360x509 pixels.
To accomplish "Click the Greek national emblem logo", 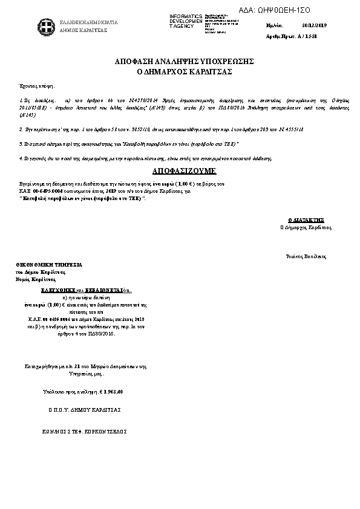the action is point(44,26).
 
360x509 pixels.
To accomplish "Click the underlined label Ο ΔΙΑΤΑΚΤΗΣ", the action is point(307,221).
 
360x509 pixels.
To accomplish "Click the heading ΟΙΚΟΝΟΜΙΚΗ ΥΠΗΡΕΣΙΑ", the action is point(50,265).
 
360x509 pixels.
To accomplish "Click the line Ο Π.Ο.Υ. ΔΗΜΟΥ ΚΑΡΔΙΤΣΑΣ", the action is point(85,410).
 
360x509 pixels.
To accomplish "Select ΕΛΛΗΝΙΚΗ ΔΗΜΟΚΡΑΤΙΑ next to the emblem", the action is point(89,22).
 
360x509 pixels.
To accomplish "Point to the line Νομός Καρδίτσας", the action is point(36,279).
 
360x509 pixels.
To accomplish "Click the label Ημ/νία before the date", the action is point(275,26).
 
